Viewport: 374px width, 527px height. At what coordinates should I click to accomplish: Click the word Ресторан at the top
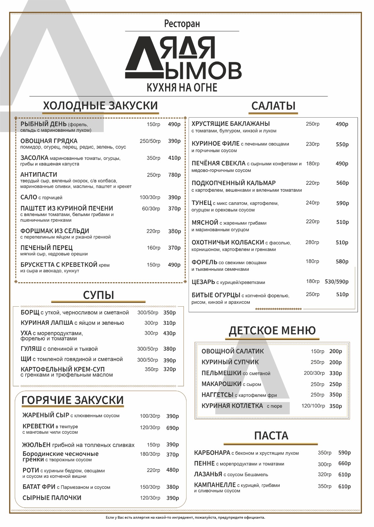182,24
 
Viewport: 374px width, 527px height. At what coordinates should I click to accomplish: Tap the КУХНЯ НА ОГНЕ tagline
182,87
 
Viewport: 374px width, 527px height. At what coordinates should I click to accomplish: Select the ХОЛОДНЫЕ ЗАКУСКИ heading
100,106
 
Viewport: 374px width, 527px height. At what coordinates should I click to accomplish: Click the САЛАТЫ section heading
273,106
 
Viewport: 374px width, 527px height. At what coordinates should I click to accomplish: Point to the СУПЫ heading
98,295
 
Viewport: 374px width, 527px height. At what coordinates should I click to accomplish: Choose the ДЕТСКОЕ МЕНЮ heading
272,330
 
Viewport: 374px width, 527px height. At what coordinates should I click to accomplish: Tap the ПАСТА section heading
271,435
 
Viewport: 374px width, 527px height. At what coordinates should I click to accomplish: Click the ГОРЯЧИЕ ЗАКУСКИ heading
72,400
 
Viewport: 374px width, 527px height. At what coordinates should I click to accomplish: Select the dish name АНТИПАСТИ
39,175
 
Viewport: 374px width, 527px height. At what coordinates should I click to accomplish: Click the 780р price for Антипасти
174,175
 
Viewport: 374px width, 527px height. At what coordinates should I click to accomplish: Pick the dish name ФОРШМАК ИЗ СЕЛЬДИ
55,231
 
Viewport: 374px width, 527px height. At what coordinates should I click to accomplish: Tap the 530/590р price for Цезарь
336,282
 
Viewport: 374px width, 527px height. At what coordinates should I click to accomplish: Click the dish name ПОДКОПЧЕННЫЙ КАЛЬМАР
234,183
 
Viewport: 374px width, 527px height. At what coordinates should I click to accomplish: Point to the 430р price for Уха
169,333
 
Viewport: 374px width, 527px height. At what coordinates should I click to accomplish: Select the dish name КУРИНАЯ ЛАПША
46,323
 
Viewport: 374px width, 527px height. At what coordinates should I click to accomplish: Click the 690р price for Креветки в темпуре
172,428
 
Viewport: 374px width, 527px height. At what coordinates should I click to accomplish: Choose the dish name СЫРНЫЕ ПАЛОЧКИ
52,498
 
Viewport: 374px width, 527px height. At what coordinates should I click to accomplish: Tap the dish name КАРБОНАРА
212,453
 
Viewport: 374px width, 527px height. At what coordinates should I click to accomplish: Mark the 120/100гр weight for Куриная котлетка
313,406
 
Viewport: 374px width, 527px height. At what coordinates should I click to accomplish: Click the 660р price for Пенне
344,463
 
